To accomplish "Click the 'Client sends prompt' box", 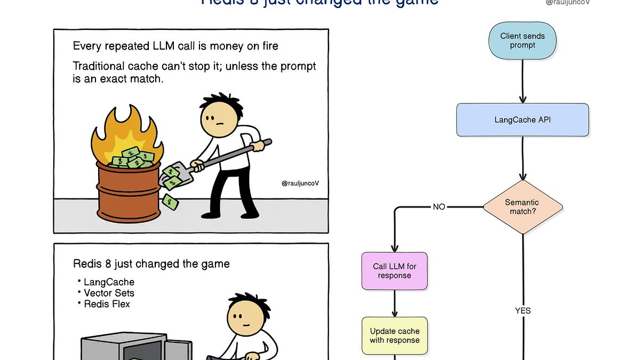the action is click(x=522, y=41).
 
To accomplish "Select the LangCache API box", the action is click(x=522, y=119).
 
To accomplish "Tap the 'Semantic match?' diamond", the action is click(x=522, y=207).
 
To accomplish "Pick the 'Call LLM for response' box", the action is click(x=394, y=271).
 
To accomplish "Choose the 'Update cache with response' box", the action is click(x=394, y=335).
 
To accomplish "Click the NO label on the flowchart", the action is click(x=439, y=207).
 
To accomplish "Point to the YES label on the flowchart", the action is click(x=523, y=310).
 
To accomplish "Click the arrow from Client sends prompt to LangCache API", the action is click(x=523, y=80).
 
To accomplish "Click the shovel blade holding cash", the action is click(x=171, y=177).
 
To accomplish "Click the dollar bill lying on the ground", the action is click(x=171, y=202).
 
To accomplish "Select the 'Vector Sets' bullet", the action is click(x=109, y=293).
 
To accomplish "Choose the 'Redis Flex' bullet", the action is click(x=107, y=304).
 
